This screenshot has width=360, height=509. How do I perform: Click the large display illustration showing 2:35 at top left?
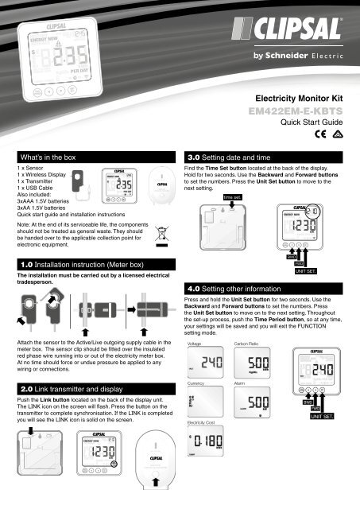(50, 54)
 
